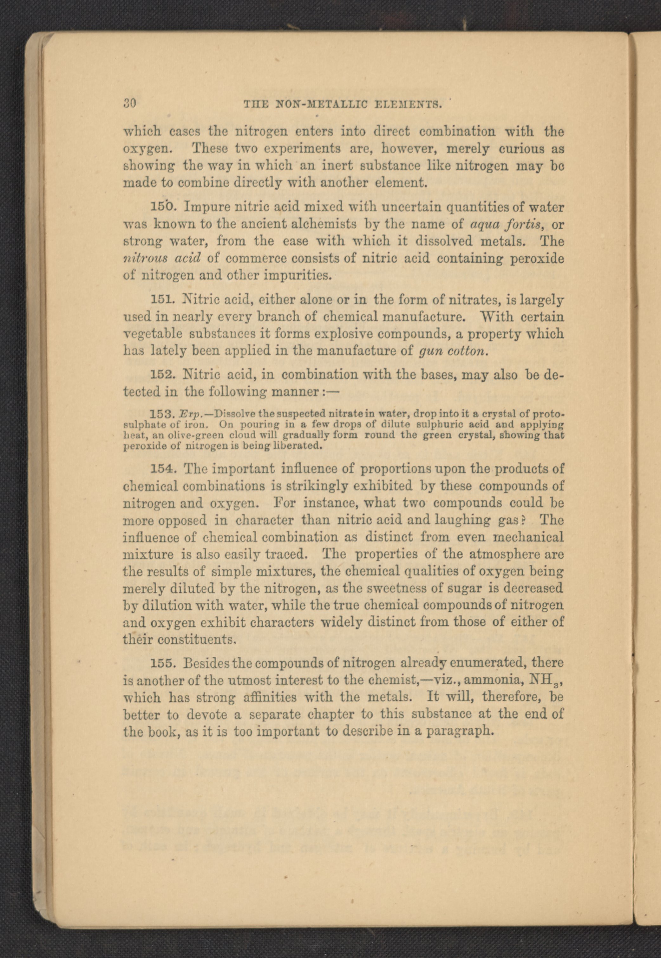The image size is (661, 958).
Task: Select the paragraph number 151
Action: click(161, 299)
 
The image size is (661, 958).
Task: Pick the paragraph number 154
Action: click(161, 469)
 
